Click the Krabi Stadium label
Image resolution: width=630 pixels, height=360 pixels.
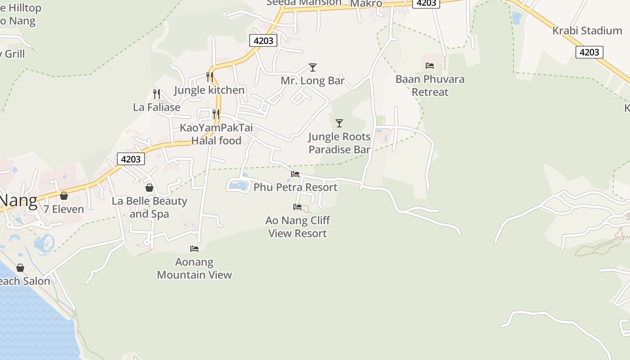587,31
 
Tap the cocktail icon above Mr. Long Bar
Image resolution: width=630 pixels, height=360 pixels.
313,67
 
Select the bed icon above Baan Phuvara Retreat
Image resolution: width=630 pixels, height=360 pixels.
429,66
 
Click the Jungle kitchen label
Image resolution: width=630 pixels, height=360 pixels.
209,90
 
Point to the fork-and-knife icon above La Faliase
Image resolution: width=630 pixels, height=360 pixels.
156,94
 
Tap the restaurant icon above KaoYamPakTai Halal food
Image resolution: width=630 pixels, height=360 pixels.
216,114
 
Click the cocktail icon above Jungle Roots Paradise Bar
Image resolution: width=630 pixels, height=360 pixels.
339,123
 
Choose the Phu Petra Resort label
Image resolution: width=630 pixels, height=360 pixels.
295,187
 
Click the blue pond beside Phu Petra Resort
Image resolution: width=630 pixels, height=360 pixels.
238,185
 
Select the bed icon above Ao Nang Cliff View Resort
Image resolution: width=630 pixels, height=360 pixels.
297,207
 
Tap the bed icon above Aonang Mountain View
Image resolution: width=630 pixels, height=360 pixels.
194,248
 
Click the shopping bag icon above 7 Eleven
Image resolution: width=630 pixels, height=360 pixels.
64,196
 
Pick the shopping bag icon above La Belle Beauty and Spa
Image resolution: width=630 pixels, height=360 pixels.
149,188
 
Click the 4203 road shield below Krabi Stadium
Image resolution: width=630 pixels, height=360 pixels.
589,52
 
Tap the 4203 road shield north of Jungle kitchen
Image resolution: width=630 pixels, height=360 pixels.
263,40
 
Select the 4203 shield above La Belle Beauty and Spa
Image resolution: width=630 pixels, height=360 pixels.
131,159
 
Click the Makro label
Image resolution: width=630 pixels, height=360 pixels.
366,4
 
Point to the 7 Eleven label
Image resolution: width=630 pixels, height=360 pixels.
64,209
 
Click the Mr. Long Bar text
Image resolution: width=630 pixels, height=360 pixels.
313,81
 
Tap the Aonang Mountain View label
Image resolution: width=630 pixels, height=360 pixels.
194,268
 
